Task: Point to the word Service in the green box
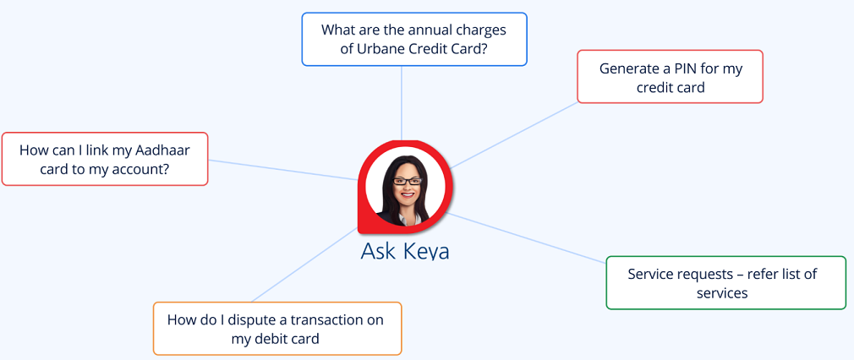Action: click(651, 274)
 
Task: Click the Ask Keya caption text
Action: click(405, 252)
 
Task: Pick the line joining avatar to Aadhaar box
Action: click(283, 169)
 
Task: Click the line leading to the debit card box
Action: click(304, 265)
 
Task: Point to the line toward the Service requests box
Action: click(527, 238)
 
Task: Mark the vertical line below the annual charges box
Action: click(402, 103)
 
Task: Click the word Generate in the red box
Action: click(630, 69)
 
